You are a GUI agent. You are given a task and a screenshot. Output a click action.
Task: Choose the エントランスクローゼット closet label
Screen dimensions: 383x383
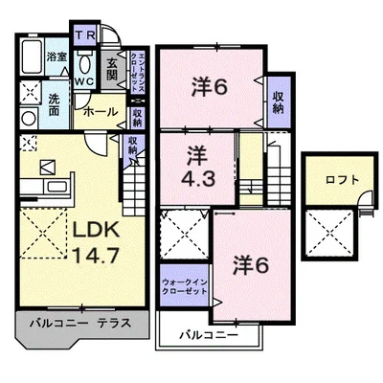[137, 70]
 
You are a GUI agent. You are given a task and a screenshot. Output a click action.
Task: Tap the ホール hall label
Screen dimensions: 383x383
[101, 111]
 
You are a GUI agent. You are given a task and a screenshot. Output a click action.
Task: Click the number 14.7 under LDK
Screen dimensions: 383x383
[87, 257]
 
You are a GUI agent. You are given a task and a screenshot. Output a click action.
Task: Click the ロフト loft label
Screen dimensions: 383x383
[334, 179]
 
